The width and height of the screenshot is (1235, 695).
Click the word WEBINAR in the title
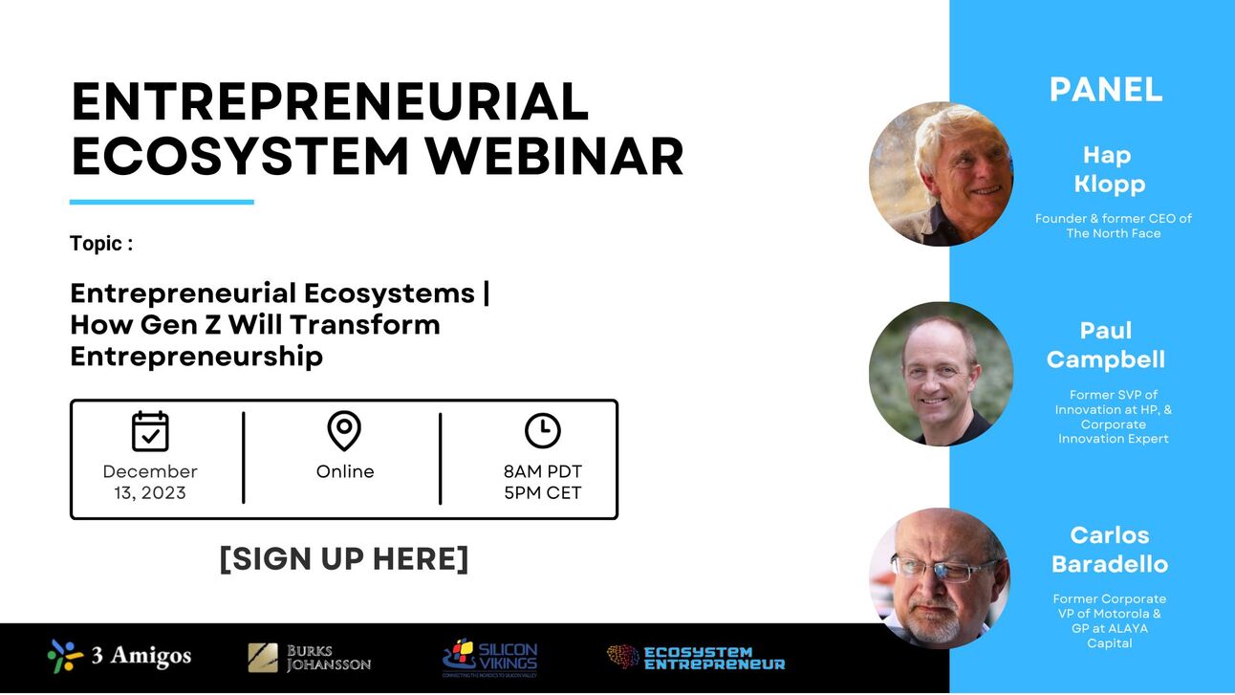[x=554, y=156]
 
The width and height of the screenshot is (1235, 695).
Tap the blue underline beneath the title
[x=162, y=202]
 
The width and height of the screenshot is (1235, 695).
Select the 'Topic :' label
[x=101, y=244]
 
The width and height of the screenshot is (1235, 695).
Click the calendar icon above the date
[x=150, y=431]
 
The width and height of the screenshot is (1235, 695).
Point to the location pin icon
[x=344, y=431]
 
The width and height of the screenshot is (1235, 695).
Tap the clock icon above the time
[x=542, y=431]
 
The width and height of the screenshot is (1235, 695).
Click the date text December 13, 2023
[x=150, y=483]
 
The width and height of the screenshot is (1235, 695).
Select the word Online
[x=345, y=472]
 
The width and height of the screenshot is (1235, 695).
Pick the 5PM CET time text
[x=542, y=493]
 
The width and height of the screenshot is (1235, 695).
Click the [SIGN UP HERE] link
[x=344, y=559]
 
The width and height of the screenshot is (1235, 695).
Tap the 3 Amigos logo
[x=119, y=657]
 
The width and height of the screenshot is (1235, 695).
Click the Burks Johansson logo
[x=309, y=658]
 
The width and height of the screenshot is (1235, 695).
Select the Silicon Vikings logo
[x=489, y=658]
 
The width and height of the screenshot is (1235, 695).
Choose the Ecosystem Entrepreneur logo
[x=696, y=658]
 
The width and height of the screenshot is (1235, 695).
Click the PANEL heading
[x=1106, y=90]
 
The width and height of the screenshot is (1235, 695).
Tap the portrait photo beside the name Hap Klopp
[x=941, y=174]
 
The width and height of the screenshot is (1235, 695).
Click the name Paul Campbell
[x=1106, y=345]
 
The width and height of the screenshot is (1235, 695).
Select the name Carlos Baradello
[x=1109, y=550]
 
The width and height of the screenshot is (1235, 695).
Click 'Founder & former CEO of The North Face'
[x=1113, y=226]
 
